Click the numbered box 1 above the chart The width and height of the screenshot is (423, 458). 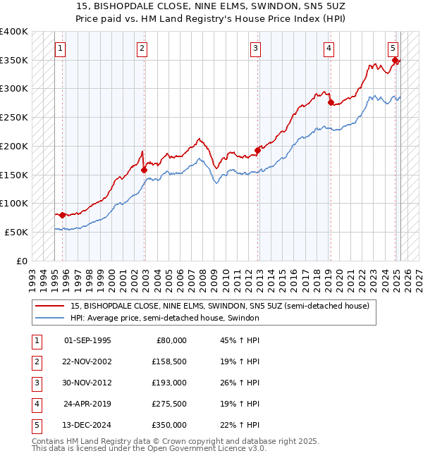[x=61, y=49]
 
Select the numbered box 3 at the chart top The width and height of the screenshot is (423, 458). [x=255, y=49]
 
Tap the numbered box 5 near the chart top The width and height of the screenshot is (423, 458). [x=393, y=49]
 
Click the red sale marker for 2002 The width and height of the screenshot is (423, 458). [x=144, y=169]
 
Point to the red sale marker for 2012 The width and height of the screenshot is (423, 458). [x=258, y=150]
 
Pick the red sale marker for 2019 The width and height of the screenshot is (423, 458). [x=330, y=103]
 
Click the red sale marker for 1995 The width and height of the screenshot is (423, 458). [x=63, y=215]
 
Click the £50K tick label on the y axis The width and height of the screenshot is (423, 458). [x=17, y=232]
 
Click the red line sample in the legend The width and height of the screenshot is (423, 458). [x=49, y=307]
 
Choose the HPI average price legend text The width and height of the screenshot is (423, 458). [x=165, y=318]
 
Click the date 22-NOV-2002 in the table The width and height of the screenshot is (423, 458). [x=87, y=361]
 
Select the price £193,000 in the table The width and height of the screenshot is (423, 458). [x=170, y=383]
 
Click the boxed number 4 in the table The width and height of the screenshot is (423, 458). [x=36, y=404]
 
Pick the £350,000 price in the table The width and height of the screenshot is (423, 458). [x=170, y=425]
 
